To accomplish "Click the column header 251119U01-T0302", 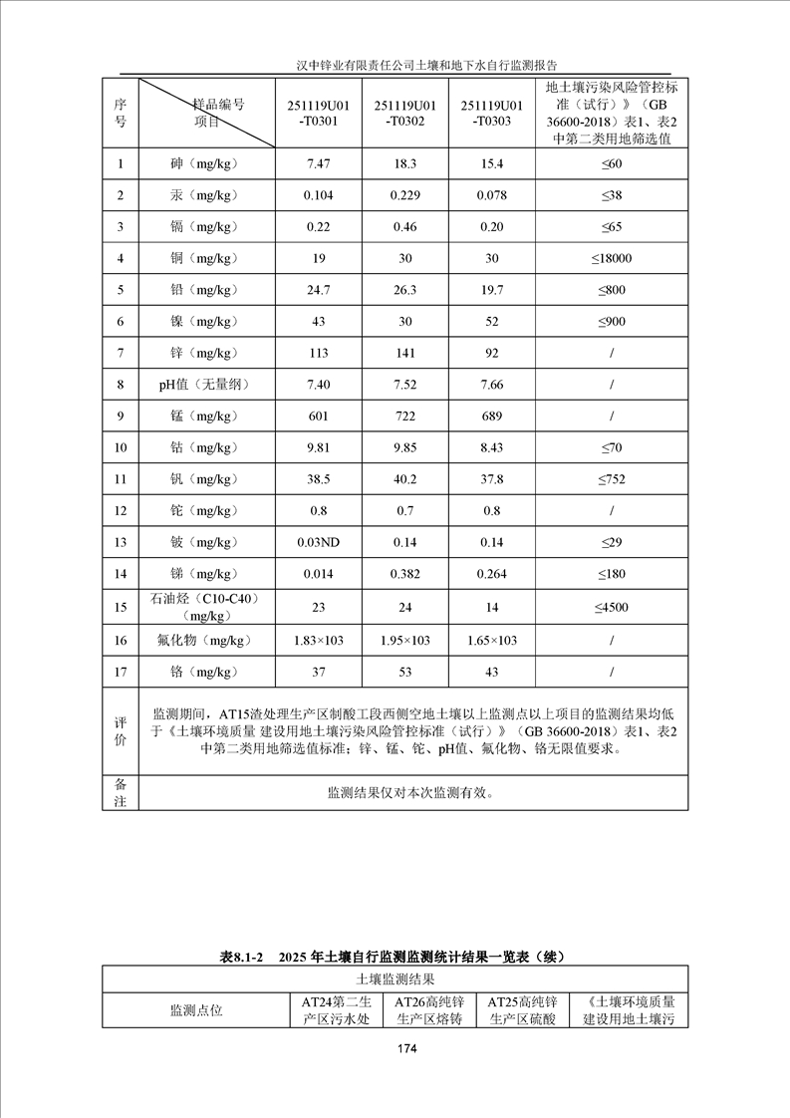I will [405, 113].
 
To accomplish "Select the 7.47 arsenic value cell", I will [319, 163].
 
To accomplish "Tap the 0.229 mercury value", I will [405, 195].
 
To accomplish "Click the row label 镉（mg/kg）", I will [203, 227].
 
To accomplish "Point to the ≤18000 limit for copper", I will [611, 259].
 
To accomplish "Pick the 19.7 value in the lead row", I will [492, 290].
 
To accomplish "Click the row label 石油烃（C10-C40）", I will [203, 599].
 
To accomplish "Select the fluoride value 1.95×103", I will [405, 640].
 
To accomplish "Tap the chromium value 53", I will [405, 672].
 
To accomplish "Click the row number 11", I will [121, 479].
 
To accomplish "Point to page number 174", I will [405, 1048].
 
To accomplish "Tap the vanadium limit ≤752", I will [611, 479].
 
